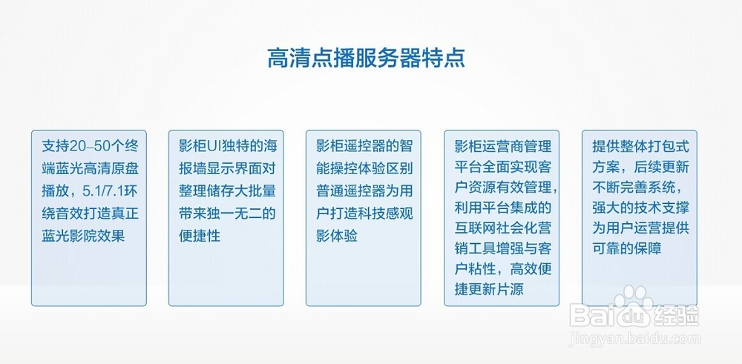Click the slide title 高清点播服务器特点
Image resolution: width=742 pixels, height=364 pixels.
click(367, 58)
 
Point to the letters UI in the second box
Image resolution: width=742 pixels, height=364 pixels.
click(218, 144)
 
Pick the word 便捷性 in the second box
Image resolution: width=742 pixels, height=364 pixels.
click(200, 236)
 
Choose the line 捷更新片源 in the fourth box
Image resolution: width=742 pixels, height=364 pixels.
click(489, 289)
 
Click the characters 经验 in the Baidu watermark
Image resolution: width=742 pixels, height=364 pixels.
click(677, 316)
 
